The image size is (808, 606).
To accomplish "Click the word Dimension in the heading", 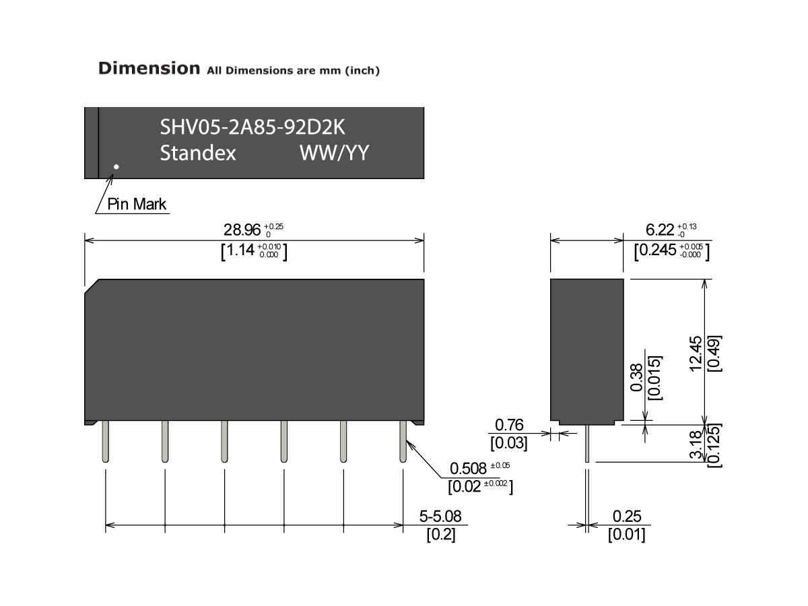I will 149,68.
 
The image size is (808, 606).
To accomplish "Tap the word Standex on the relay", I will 198,154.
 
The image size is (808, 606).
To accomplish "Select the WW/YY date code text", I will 334,154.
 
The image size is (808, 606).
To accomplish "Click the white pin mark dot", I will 116,166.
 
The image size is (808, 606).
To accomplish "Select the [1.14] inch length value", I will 238,251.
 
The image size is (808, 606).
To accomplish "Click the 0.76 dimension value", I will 509,425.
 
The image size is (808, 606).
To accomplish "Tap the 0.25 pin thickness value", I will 627,517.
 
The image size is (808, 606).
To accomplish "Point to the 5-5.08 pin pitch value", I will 441,517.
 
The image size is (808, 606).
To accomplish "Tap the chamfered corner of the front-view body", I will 92,286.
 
